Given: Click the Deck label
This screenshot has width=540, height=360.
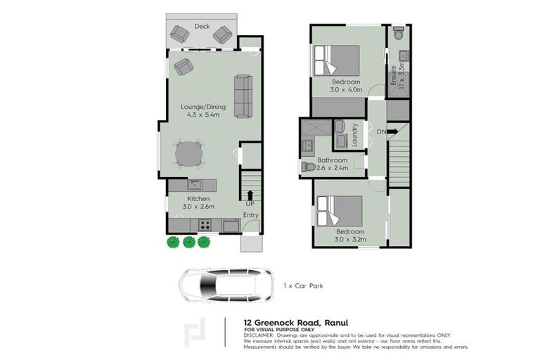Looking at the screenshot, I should point(202,26).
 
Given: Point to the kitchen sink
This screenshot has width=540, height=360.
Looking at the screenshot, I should point(195,185).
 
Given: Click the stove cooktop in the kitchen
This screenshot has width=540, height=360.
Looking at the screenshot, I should point(206,225).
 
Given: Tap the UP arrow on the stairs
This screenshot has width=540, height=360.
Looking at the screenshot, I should point(250,193).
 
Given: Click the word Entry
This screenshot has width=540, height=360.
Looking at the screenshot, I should point(251,215).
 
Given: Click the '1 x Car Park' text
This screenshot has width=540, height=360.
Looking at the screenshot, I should point(302,285).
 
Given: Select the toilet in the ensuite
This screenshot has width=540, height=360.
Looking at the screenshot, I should point(398,34).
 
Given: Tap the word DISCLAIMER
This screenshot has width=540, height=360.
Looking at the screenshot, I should point(259,335).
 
